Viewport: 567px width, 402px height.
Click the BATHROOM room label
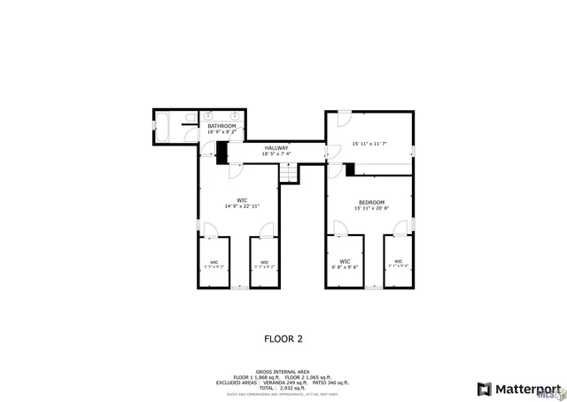point(221,126)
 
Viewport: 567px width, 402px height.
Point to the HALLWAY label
point(276,147)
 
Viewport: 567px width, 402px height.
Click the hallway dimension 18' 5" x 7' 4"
point(276,154)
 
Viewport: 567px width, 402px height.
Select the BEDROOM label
point(371,201)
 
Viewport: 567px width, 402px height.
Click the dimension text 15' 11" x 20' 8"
point(371,209)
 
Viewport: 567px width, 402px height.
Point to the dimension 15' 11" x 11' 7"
point(369,143)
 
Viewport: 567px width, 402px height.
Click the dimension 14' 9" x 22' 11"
point(241,206)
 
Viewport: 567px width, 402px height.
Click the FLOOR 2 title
point(283,338)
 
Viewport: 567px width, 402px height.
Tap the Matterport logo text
point(527,389)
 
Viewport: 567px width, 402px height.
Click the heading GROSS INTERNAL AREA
point(283,371)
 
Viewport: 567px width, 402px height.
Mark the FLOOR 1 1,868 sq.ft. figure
point(257,377)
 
